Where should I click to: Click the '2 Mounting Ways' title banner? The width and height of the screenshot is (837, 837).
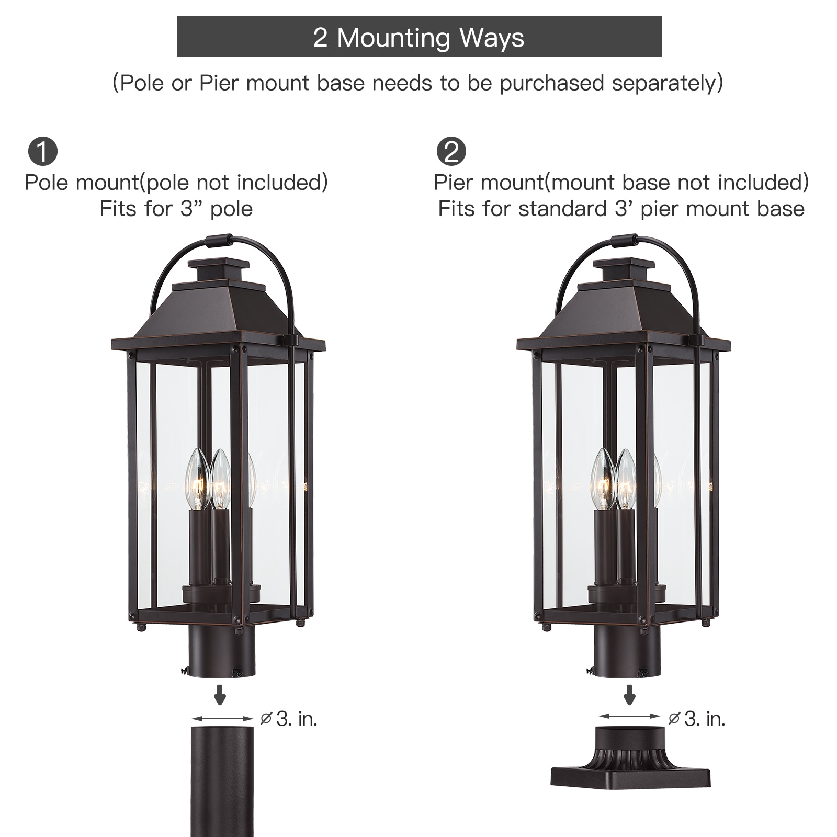tap(419, 37)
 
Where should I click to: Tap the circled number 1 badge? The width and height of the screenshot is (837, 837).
tap(43, 152)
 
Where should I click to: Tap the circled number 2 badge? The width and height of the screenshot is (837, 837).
tap(451, 152)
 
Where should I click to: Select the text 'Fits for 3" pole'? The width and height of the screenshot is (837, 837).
tap(176, 209)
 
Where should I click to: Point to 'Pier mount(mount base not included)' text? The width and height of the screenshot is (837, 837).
tap(621, 182)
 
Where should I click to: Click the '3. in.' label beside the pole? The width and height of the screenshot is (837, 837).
tap(297, 719)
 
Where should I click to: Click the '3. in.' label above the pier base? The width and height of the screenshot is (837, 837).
tap(705, 719)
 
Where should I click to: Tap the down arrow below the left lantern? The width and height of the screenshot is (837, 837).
tap(220, 694)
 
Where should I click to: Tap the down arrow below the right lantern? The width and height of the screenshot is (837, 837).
tap(629, 694)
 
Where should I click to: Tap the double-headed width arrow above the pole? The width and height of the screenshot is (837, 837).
tap(222, 719)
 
